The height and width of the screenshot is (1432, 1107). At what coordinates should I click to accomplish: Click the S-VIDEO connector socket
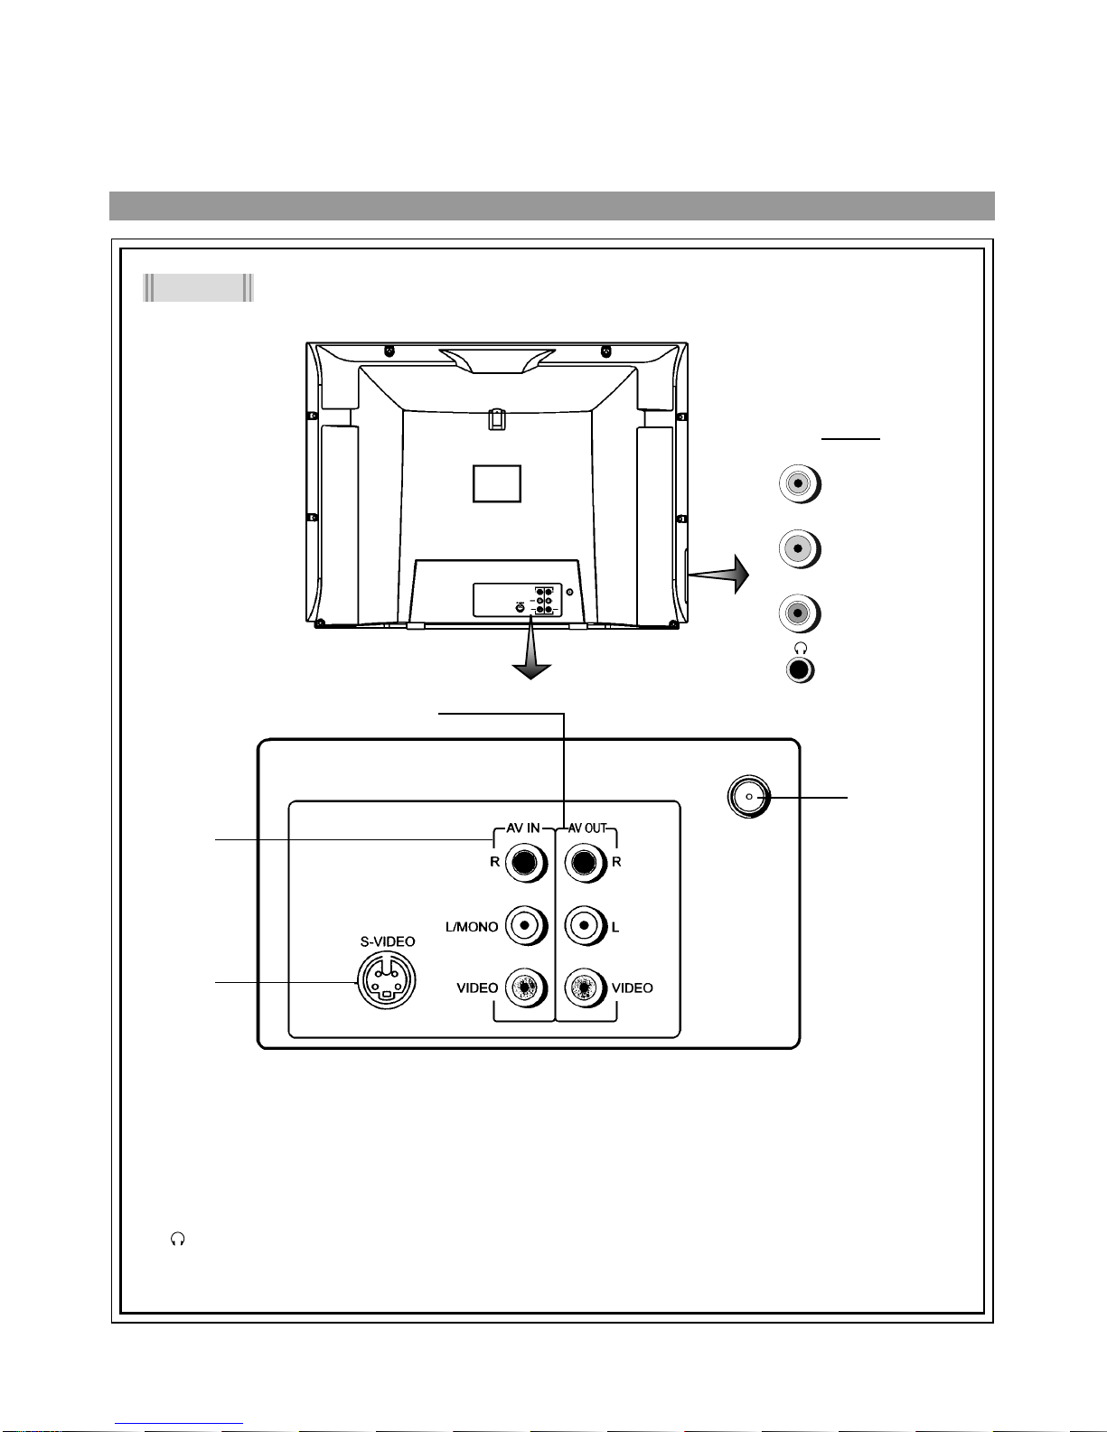click(x=386, y=979)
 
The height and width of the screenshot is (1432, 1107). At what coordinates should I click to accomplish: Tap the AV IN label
click(x=523, y=828)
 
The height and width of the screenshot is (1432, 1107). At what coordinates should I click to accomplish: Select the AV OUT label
click(x=587, y=828)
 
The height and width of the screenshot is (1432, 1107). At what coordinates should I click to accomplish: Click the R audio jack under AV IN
click(x=527, y=863)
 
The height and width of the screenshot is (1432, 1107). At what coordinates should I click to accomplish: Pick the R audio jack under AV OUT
click(x=586, y=863)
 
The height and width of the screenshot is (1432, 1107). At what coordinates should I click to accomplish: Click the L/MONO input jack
click(x=527, y=925)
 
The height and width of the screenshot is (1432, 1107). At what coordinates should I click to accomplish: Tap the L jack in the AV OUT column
click(x=586, y=925)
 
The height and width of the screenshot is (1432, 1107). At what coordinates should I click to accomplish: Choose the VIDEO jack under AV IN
click(x=527, y=987)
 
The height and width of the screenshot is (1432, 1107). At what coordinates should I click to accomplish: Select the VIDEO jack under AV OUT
click(x=586, y=987)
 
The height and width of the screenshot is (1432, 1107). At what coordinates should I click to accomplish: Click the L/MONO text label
click(x=472, y=927)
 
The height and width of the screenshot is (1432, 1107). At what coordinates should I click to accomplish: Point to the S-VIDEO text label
click(x=388, y=941)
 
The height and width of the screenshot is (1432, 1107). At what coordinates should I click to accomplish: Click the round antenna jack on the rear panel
click(x=749, y=797)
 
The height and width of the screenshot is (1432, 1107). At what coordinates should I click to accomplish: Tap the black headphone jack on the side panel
click(x=800, y=670)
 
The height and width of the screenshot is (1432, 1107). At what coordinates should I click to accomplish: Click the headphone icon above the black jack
click(x=802, y=649)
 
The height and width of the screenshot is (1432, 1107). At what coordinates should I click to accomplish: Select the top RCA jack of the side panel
click(x=799, y=484)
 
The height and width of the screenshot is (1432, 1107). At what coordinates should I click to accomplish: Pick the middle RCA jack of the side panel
click(x=799, y=549)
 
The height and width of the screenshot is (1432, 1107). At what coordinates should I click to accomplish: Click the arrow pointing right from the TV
click(x=718, y=575)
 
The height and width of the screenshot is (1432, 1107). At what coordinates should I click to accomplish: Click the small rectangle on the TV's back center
click(x=497, y=483)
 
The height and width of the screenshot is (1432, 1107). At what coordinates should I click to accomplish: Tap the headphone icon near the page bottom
click(x=178, y=1239)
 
